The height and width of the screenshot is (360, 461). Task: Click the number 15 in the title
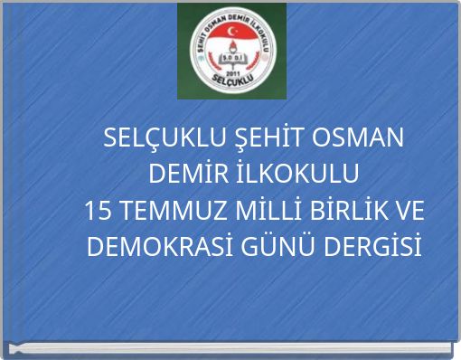click(97, 210)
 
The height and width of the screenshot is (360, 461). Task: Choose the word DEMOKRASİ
click(152, 245)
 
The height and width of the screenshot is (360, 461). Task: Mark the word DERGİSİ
click(371, 245)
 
